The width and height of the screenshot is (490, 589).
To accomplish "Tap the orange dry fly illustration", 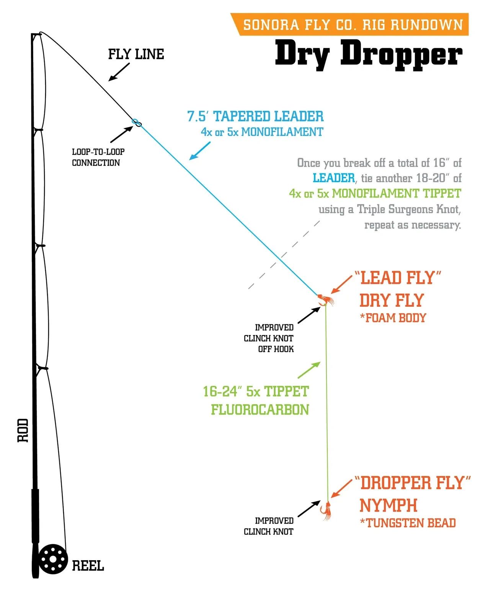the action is point(326,300).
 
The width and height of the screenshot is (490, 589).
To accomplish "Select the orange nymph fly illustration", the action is point(327,510).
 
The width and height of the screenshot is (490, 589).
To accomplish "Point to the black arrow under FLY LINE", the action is point(119,72).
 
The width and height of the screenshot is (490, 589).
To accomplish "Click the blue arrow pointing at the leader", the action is point(200,151).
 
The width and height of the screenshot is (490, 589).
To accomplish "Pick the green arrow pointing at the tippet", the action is point(309,370).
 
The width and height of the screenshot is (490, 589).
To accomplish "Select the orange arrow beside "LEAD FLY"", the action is point(341,285).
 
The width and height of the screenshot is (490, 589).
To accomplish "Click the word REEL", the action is point(88,566).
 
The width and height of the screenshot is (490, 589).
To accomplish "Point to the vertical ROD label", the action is point(23,431).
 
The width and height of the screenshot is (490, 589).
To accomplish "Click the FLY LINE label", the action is point(136,54).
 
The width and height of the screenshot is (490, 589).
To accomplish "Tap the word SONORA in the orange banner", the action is point(271,25).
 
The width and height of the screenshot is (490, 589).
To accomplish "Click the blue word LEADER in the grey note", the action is point(334,178).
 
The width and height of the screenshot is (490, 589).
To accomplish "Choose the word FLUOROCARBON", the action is point(260,410).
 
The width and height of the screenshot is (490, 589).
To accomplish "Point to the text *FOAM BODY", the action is point(393,318).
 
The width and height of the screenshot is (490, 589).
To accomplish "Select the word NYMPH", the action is point(388,505).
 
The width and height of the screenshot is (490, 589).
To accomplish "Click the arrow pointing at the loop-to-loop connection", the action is point(121,134).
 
